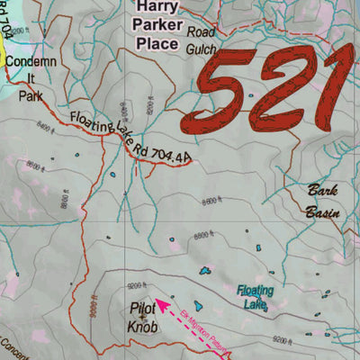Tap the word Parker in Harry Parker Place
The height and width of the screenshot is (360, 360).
tap(160, 24)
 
